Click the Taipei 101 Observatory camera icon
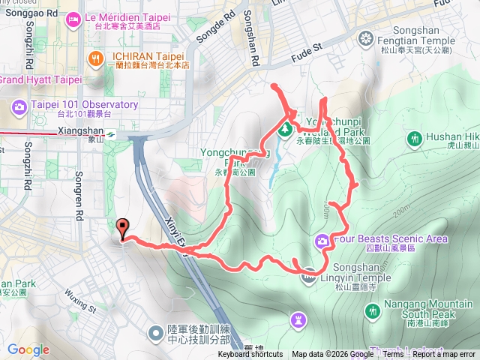click(19, 106)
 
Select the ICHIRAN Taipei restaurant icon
click(95, 57)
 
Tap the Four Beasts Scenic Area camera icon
click(322, 240)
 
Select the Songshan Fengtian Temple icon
click(365, 37)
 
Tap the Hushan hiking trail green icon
click(414, 138)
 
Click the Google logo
click(28, 349)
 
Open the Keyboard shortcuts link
click(250, 355)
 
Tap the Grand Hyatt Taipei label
click(40, 79)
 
